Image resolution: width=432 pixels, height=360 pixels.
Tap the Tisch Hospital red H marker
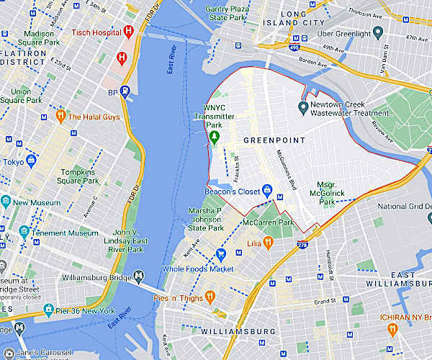coord(129,31)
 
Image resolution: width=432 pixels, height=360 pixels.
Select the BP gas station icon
coord(125,91)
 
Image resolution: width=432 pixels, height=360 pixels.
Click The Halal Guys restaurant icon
coord(60,115)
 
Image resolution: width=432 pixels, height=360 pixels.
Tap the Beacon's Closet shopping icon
coord(266,190)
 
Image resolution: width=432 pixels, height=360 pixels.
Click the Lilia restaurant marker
coord(267,243)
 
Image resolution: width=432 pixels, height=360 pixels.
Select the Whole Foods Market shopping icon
coord(221,253)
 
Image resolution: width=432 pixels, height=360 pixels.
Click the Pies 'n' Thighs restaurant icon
coord(210,296)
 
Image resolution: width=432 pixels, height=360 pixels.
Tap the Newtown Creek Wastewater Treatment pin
coord(304,108)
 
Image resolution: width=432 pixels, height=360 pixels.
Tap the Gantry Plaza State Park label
coord(227,12)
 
